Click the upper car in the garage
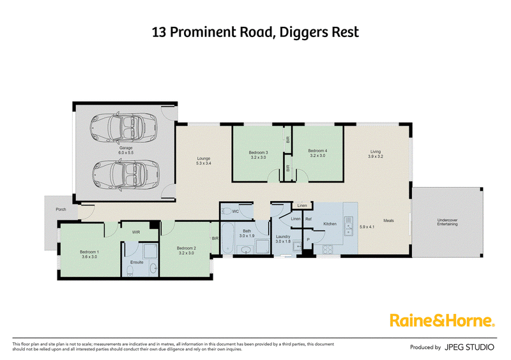pyautogui.click(x=123, y=128)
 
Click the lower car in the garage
pyautogui.click(x=126, y=175)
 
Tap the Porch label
pyautogui.click(x=61, y=209)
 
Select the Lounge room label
pyautogui.click(x=204, y=158)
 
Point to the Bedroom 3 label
pyautogui.click(x=259, y=153)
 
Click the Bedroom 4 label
pyautogui.click(x=317, y=151)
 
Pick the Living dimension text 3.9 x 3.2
pyautogui.click(x=376, y=156)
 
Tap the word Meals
pyautogui.click(x=388, y=221)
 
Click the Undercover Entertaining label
pyautogui.click(x=448, y=222)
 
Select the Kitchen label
pyautogui.click(x=330, y=224)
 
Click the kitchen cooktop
pyautogui.click(x=328, y=249)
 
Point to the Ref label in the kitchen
pyautogui.click(x=309, y=220)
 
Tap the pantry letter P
pyautogui.click(x=308, y=240)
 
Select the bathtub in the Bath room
pyautogui.click(x=227, y=239)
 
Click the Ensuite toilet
pyautogui.click(x=130, y=271)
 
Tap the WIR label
pyautogui.click(x=136, y=232)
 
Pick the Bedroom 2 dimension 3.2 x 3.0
pyautogui.click(x=187, y=253)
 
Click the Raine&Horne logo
pyautogui.click(x=443, y=320)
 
